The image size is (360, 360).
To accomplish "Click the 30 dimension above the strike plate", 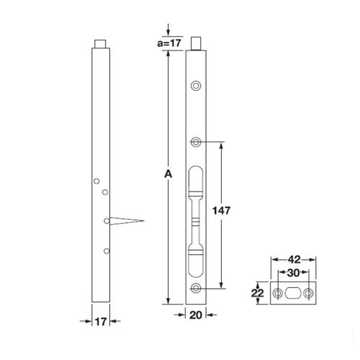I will point(294,274).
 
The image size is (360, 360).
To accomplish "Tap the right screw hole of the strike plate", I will point(309,293).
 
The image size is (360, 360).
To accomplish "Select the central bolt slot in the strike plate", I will point(294,293).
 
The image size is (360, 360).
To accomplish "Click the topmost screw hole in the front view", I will point(196,86).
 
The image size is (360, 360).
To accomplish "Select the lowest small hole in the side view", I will point(107,251).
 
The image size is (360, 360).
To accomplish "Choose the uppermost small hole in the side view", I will point(96,182).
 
